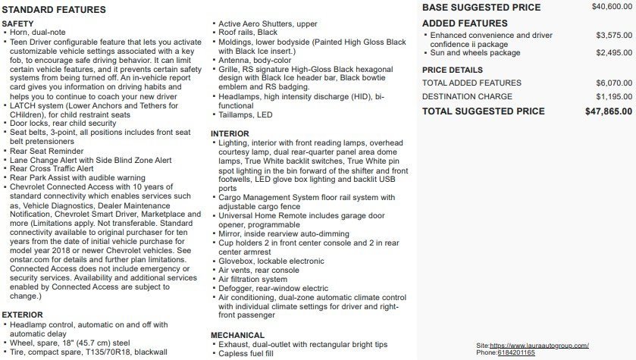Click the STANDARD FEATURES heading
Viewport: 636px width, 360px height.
54,10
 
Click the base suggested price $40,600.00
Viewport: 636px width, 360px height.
612,7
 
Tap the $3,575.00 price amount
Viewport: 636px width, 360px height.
614,35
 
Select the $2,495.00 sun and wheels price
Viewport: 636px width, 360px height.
614,53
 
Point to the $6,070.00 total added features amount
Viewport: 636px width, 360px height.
614,83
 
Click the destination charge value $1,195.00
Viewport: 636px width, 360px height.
614,97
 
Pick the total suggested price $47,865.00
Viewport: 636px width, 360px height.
609,111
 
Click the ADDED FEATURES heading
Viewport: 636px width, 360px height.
465,23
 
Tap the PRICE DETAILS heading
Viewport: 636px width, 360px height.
453,70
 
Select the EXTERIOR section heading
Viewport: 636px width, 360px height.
23,315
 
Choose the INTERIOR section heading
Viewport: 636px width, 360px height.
230,133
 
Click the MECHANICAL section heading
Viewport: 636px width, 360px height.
237,335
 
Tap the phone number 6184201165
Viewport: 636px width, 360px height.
516,353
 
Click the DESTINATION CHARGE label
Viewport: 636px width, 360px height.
467,97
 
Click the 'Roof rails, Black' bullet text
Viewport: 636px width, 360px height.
248,33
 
